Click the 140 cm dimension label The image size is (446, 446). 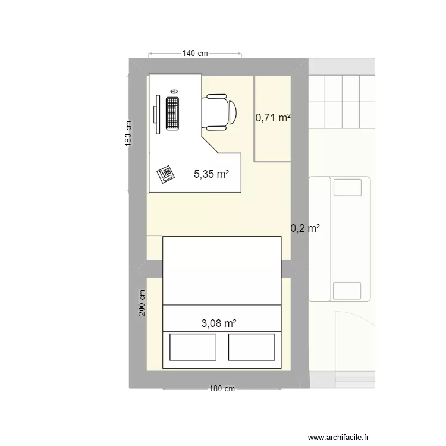coord(195,54)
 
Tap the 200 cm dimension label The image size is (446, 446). coord(142,303)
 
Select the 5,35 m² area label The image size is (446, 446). coord(211,174)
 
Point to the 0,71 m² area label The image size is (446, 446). coord(273,118)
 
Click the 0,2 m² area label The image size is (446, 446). coord(305,228)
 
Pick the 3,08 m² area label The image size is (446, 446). coord(219,323)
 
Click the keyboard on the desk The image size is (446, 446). coord(173,113)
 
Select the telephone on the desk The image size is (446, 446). coord(166,174)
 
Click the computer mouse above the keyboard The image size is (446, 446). coord(174,91)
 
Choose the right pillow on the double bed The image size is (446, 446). coord(252,347)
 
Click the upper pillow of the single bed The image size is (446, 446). coord(347,187)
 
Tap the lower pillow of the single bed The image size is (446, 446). coord(347,290)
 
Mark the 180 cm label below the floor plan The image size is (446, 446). coord(222,389)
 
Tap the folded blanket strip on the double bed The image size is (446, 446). coord(222,315)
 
